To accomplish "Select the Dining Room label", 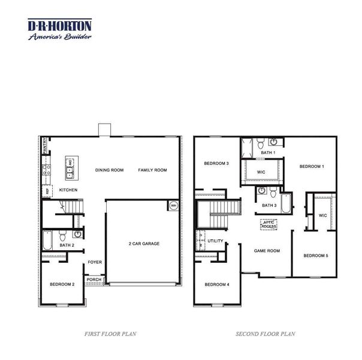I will click(x=109, y=170).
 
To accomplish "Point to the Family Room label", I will click(x=152, y=170).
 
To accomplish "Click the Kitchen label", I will click(x=68, y=190).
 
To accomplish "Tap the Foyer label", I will click(x=95, y=262).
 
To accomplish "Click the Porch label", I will click(x=94, y=280).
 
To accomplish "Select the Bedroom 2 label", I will click(x=62, y=284).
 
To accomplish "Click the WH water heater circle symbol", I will click(x=173, y=205).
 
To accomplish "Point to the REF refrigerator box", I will click(x=46, y=191).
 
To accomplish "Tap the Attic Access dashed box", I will click(x=268, y=224).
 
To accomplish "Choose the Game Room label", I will click(x=267, y=251).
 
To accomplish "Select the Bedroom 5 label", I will click(x=315, y=256).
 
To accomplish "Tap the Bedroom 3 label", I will click(x=216, y=163).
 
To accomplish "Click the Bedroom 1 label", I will click(x=312, y=166).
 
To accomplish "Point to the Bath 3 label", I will click(x=270, y=206).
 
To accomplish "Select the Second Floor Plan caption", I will click(x=265, y=334).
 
